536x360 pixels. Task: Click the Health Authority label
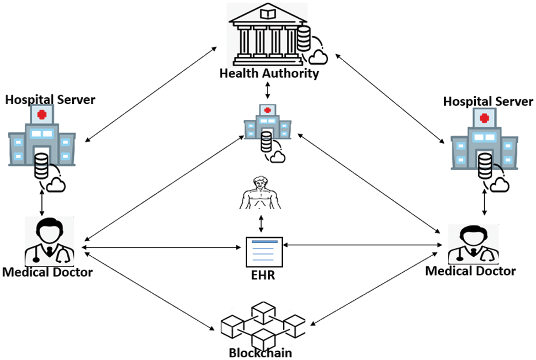pos(269,73)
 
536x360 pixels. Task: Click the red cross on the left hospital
pos(42,115)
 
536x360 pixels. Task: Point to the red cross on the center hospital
pos(268,110)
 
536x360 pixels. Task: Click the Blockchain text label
pos(260,353)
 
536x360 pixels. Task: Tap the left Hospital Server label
pos(50,100)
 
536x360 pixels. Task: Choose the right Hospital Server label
pos(488,102)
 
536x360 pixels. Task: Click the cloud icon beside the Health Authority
pos(318,56)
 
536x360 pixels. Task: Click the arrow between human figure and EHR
pos(260,223)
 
